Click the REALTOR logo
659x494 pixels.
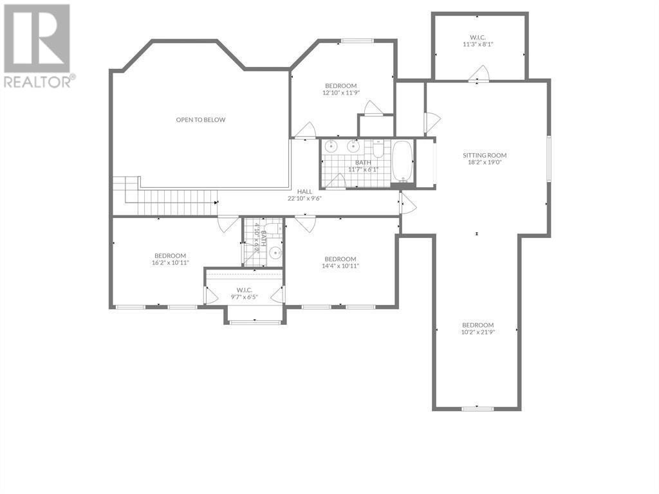[37, 46]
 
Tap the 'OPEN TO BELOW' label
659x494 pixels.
[201, 120]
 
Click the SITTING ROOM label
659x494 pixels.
[485, 155]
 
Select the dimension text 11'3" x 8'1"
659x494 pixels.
[478, 44]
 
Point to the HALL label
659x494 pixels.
[304, 192]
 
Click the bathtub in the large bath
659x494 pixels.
[402, 161]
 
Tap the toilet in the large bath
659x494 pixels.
[378, 149]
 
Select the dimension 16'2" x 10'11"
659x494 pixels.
[170, 262]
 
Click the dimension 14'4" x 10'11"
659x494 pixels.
[340, 266]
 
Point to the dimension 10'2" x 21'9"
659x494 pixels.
[478, 332]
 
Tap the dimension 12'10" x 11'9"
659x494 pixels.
[341, 93]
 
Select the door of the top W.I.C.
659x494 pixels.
[479, 73]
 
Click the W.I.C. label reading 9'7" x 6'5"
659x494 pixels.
[244, 293]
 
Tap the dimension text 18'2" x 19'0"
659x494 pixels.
[485, 161]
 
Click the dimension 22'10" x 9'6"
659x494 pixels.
[304, 198]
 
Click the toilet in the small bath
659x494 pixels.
[274, 228]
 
